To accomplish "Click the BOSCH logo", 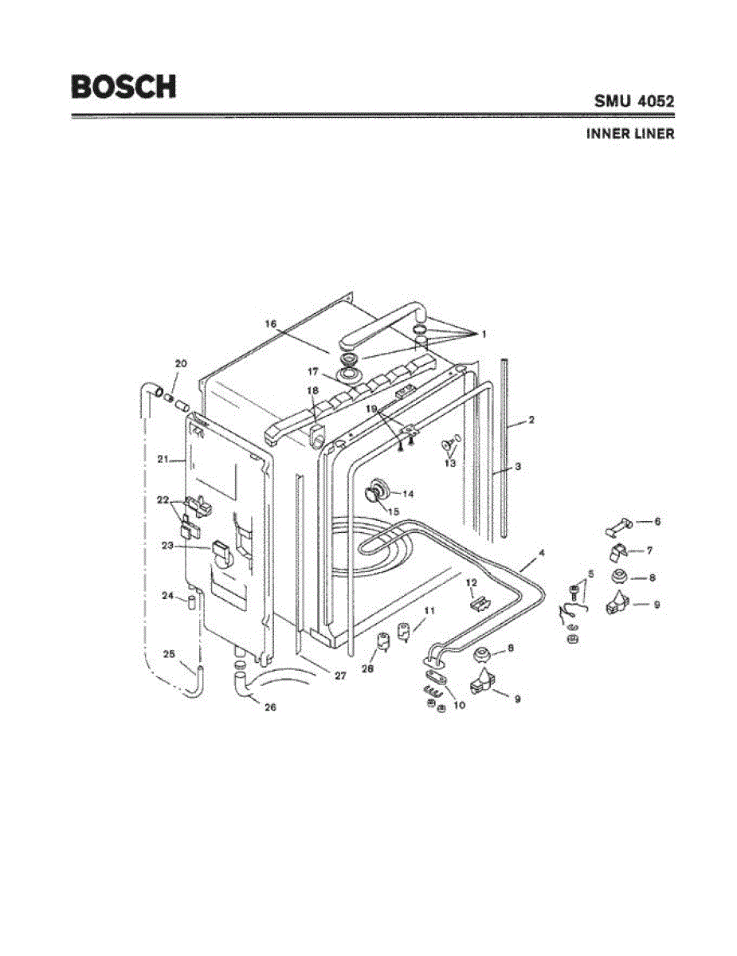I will coord(123,86).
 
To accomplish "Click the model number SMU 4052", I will coord(633,101).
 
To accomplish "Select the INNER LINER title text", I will coord(630,134).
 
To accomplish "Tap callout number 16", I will coord(271,323).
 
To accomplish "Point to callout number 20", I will coord(181,363).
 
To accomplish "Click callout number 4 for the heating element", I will coord(541,551).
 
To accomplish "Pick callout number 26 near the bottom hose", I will coord(270,707).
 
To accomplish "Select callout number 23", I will coord(167,546).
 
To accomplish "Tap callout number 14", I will coord(408,494).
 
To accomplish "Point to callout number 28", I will coord(367,670).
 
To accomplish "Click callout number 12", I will coord(470,582).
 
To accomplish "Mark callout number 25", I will coord(169,654).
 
